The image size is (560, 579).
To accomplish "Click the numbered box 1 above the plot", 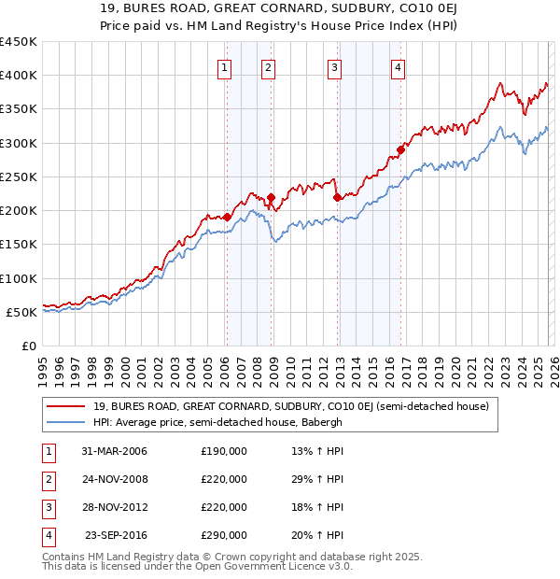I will (226, 66).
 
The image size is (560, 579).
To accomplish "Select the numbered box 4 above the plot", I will (398, 66).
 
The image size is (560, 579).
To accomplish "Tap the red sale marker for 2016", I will (400, 149).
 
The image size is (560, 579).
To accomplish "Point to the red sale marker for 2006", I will (227, 217).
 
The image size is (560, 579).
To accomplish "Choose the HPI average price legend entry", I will (230, 422).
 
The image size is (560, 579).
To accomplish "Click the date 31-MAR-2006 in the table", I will (114, 451).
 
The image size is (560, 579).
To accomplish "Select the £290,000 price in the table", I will (224, 535).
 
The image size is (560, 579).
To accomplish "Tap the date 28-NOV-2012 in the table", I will (114, 507).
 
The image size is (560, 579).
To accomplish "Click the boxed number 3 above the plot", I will (334, 66).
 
